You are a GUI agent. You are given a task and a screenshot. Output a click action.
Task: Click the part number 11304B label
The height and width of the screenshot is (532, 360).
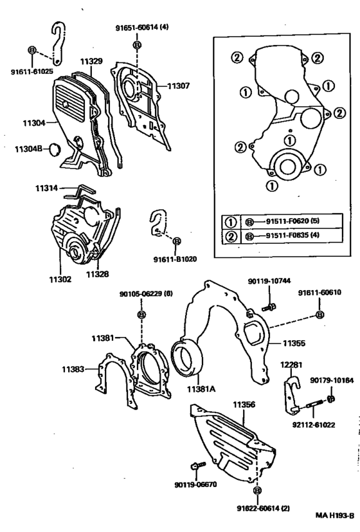coord(28,149)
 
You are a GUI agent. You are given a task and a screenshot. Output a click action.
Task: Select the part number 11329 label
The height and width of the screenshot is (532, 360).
coord(91,61)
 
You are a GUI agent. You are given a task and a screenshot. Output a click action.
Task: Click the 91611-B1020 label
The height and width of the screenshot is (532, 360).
coord(175,259)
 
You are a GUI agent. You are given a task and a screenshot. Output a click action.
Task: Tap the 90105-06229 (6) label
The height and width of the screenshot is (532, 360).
coord(146,294)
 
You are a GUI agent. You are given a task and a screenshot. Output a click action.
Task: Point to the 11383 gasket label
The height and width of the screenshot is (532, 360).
coord(75,369)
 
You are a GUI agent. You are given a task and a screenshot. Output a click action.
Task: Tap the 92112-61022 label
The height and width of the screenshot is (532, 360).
coord(314,425)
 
